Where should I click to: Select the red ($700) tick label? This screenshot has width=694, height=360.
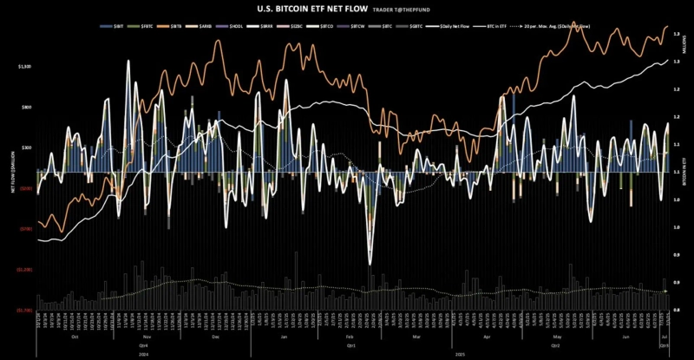(25, 229)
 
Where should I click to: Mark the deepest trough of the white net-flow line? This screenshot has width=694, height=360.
(370, 264)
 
